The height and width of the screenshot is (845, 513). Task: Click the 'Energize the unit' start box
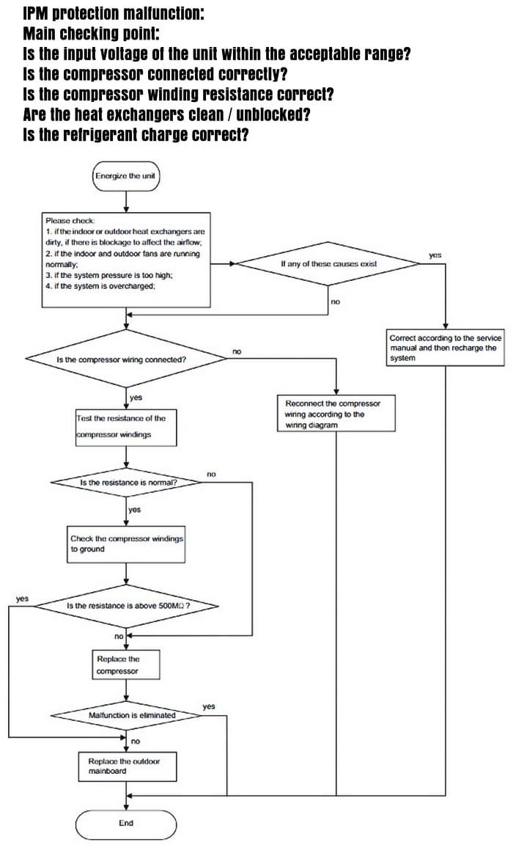tap(126, 176)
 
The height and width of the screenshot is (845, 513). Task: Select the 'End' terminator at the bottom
tap(126, 824)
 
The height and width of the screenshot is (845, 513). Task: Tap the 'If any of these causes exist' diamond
tap(328, 263)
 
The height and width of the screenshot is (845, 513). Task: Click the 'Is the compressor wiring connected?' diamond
tap(126, 359)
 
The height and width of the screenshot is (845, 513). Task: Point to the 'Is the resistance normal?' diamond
tap(128, 483)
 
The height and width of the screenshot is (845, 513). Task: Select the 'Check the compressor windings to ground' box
tap(126, 544)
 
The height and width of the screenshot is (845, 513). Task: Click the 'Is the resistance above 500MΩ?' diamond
tap(127, 606)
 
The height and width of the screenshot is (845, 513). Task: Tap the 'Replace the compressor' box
tap(126, 665)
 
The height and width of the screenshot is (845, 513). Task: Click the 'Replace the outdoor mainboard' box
tap(127, 767)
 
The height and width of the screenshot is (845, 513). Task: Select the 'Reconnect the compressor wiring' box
tap(336, 414)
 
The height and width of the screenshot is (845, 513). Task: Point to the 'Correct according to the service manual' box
tap(445, 348)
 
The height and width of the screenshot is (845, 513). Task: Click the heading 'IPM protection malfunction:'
tap(114, 13)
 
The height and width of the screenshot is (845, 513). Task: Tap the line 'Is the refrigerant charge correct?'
tap(136, 134)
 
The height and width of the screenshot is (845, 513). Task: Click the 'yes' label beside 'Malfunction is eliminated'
tap(209, 706)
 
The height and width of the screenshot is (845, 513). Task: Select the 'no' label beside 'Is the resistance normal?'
tap(211, 475)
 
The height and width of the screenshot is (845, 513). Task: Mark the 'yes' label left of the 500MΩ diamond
tap(22, 599)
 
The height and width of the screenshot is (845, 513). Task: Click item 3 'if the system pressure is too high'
tap(108, 275)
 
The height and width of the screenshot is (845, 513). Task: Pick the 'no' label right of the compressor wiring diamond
tap(237, 351)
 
